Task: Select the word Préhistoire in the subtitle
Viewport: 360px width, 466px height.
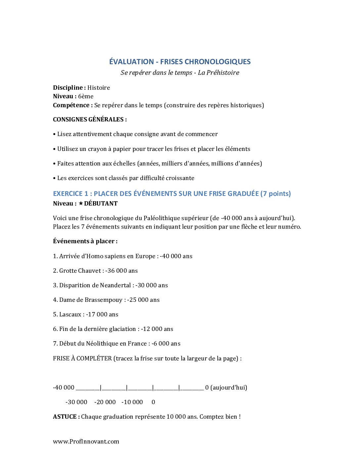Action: tap(223, 72)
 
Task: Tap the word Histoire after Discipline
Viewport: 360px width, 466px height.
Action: tap(99, 88)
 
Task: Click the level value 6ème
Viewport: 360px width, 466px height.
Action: tap(86, 96)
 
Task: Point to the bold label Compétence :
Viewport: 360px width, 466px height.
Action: tap(73, 105)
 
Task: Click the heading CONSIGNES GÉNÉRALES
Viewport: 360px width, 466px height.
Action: tap(90, 119)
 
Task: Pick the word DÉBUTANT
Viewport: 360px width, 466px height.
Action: tap(101, 204)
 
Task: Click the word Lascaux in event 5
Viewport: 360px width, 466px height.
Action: tap(70, 314)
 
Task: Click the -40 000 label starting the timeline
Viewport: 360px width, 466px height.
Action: tap(64, 388)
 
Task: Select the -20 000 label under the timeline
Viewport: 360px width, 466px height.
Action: tap(105, 402)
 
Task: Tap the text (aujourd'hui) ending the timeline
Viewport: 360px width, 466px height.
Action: tap(229, 388)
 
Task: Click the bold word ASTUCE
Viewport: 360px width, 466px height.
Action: tap(65, 417)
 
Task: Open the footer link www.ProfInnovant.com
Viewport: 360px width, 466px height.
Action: tap(86, 442)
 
